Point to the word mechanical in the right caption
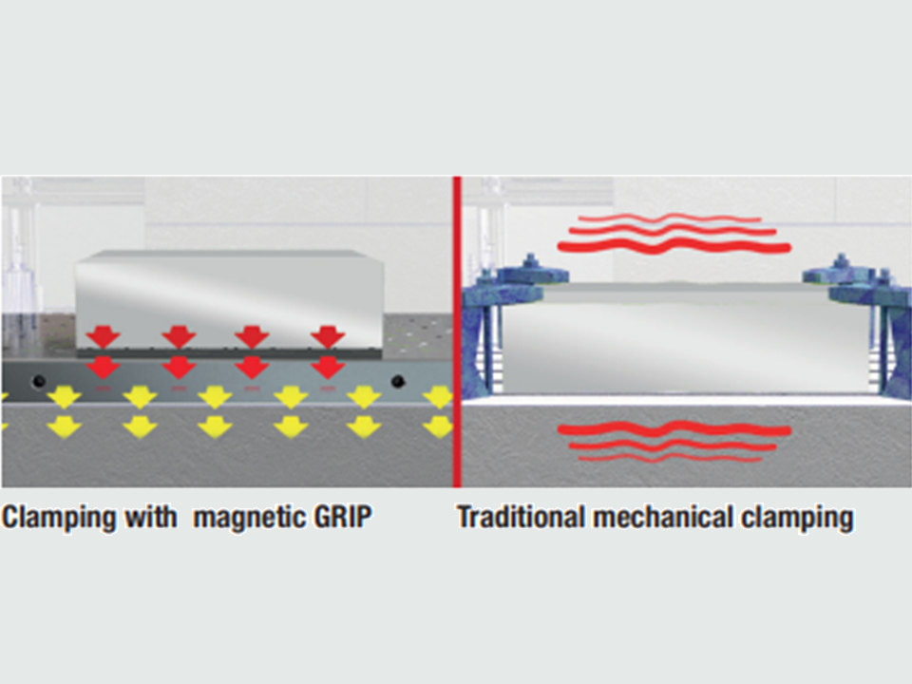(x=662, y=517)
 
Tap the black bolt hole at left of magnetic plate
(x=38, y=382)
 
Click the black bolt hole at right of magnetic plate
(x=398, y=382)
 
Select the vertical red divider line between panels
(x=457, y=332)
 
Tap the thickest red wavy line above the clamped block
(x=674, y=247)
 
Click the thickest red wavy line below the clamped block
(x=674, y=431)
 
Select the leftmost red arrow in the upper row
(x=104, y=337)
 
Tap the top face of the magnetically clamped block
(x=230, y=256)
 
